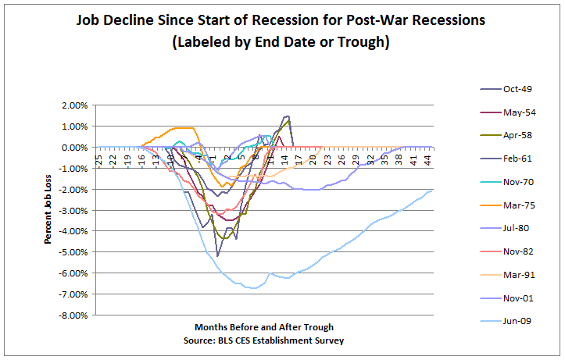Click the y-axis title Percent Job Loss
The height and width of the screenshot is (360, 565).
click(48, 211)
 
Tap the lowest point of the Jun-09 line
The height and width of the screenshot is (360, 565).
click(252, 288)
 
